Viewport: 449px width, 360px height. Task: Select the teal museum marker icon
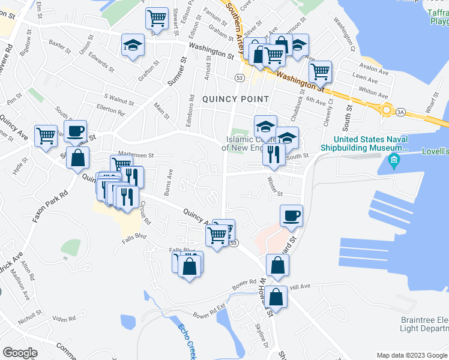point(394,160)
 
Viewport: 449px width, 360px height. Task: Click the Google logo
point(20,353)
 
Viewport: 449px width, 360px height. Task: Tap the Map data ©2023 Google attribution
point(411,355)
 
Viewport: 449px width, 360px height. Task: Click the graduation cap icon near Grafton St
point(133,45)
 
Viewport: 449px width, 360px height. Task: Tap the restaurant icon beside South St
point(274,154)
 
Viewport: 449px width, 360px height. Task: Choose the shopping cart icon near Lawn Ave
point(320,71)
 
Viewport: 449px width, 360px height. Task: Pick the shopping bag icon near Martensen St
point(78,158)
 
